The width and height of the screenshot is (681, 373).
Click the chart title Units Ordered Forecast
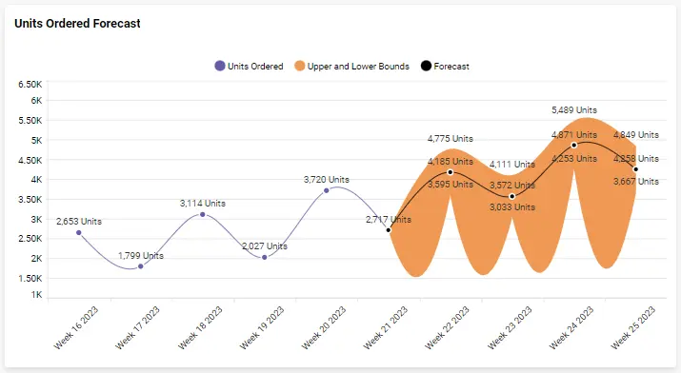(77, 24)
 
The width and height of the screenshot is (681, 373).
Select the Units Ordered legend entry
(249, 67)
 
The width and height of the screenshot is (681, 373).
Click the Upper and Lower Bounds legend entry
(351, 67)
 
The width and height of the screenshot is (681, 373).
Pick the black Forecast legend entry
(445, 67)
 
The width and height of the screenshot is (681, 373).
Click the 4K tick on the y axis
(36, 179)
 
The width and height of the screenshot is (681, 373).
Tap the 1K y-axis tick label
(36, 296)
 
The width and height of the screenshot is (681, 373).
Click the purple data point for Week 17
(141, 266)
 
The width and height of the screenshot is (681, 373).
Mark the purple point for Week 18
(203, 214)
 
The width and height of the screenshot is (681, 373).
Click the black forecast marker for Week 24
(574, 145)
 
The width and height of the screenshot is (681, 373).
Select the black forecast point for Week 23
(512, 196)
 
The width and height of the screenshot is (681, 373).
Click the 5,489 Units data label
(574, 110)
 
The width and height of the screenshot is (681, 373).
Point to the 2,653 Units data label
(79, 222)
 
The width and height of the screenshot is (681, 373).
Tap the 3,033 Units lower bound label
(512, 206)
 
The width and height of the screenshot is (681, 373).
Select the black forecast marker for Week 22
(451, 171)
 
